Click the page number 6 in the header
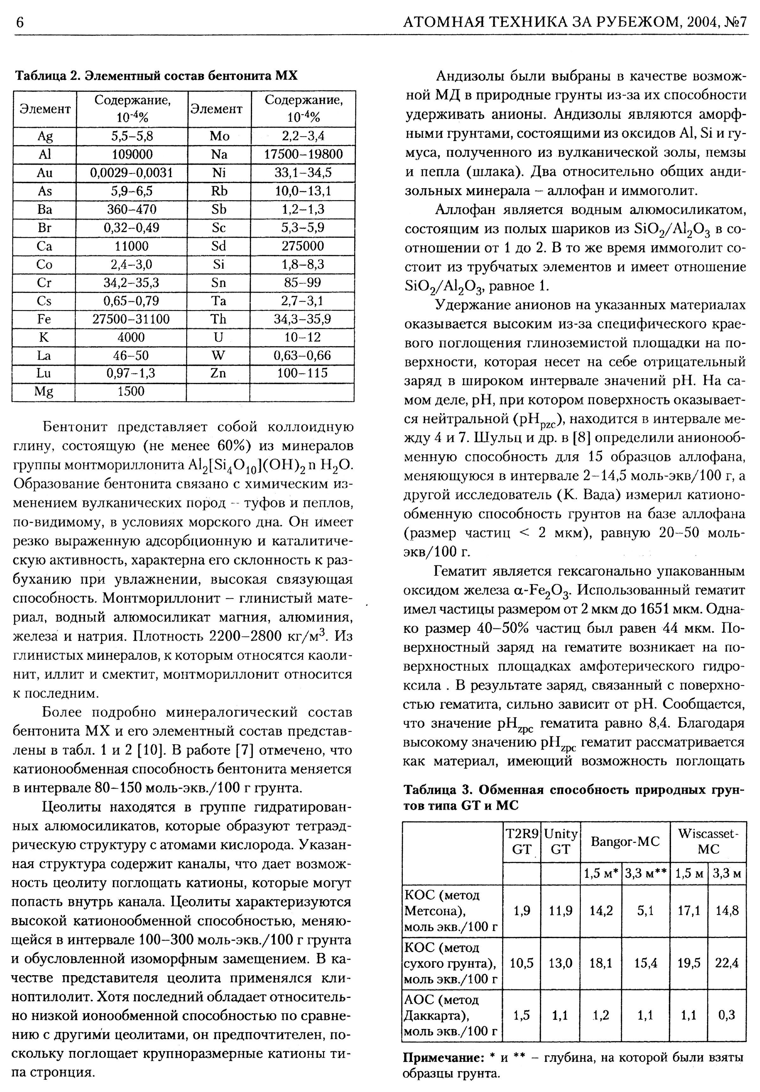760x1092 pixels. click(20, 22)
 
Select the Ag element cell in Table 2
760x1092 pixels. click(45, 136)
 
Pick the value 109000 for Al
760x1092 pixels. click(132, 155)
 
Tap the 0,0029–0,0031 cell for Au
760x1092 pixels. click(132, 173)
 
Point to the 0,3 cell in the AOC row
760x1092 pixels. click(727, 1015)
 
